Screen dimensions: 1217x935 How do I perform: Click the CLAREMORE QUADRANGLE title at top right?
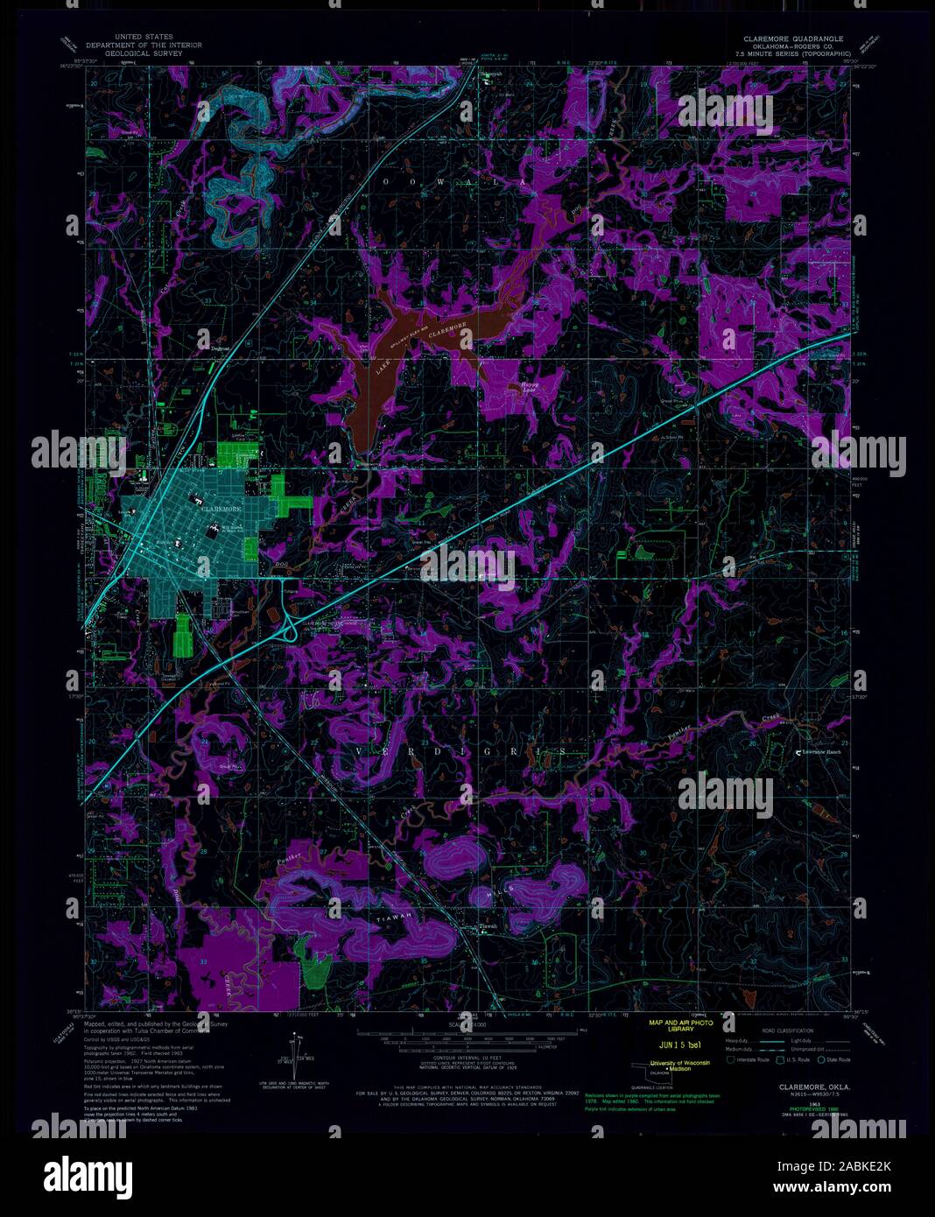[793, 39]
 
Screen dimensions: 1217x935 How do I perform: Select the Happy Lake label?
[530, 385]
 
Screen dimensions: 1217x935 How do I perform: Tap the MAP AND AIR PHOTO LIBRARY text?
[680, 1026]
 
